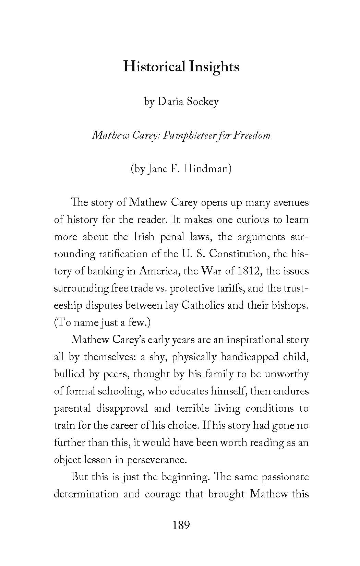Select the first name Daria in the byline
[170, 102]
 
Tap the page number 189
[181, 525]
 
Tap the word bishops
[290, 305]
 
